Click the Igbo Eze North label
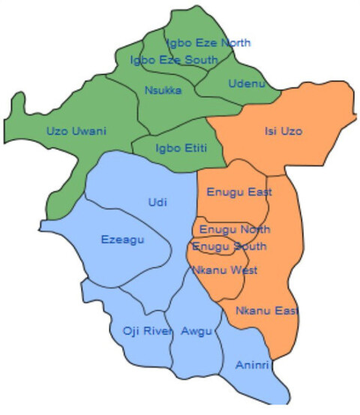208,43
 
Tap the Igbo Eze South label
174,59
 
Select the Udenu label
247,83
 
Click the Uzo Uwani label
76,131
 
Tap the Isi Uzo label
283,131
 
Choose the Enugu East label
238,193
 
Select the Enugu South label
229,246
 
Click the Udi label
158,203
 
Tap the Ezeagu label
121,240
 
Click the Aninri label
250,365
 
